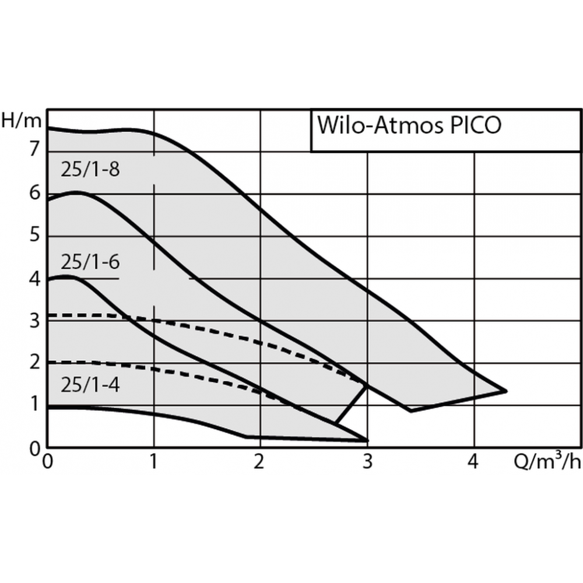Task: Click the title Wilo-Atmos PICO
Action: click(x=409, y=126)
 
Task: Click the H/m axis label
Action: click(x=22, y=121)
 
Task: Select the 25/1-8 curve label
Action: click(x=90, y=170)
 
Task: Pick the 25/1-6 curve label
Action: click(x=90, y=262)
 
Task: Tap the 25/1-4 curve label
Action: click(x=90, y=385)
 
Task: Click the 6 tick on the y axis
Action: click(x=35, y=193)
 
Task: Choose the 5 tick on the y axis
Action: click(x=35, y=236)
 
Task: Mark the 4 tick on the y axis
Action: click(x=35, y=278)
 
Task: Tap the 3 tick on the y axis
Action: click(x=35, y=321)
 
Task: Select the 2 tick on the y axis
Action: click(x=35, y=363)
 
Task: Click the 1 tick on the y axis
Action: click(x=35, y=405)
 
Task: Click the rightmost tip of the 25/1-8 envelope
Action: click(x=505, y=391)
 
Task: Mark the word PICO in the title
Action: click(x=475, y=126)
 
